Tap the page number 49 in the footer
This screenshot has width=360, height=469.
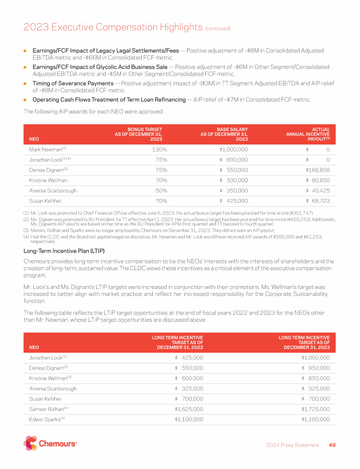point(332,445)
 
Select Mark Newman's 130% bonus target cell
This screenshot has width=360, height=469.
point(158,150)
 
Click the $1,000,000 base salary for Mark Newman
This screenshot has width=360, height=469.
point(233,150)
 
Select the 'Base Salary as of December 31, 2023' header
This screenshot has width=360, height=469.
point(224,134)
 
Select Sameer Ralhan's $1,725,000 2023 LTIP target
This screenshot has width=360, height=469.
point(315,409)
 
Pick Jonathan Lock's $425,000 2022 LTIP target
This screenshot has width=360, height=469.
point(189,357)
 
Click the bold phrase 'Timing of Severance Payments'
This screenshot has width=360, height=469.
point(73,83)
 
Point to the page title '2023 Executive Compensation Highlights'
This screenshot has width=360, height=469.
point(113,27)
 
